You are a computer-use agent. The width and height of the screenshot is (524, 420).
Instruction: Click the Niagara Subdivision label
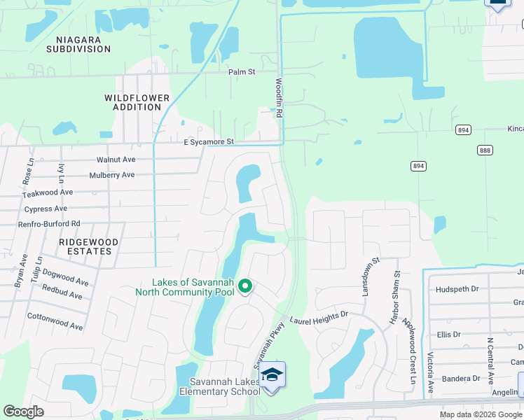click(x=78, y=44)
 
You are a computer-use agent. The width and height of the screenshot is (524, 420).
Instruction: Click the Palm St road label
click(x=242, y=71)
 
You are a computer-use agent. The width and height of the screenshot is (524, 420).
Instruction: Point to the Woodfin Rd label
click(x=279, y=97)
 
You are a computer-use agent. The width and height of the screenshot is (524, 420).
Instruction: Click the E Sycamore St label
click(x=208, y=142)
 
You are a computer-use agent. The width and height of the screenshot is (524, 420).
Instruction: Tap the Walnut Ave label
click(x=116, y=160)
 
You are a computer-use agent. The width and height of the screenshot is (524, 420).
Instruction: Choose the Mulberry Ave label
click(x=111, y=175)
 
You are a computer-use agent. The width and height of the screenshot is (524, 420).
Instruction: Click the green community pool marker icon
click(x=245, y=286)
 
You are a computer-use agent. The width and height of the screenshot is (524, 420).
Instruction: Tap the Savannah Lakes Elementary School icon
click(x=272, y=376)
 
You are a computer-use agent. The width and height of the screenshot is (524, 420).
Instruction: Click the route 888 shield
click(x=485, y=150)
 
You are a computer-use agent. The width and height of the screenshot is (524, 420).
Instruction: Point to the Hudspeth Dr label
click(x=457, y=288)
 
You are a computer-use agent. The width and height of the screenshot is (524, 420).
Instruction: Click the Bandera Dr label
click(x=462, y=379)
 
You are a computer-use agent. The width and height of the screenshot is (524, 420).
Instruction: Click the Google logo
click(x=23, y=412)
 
